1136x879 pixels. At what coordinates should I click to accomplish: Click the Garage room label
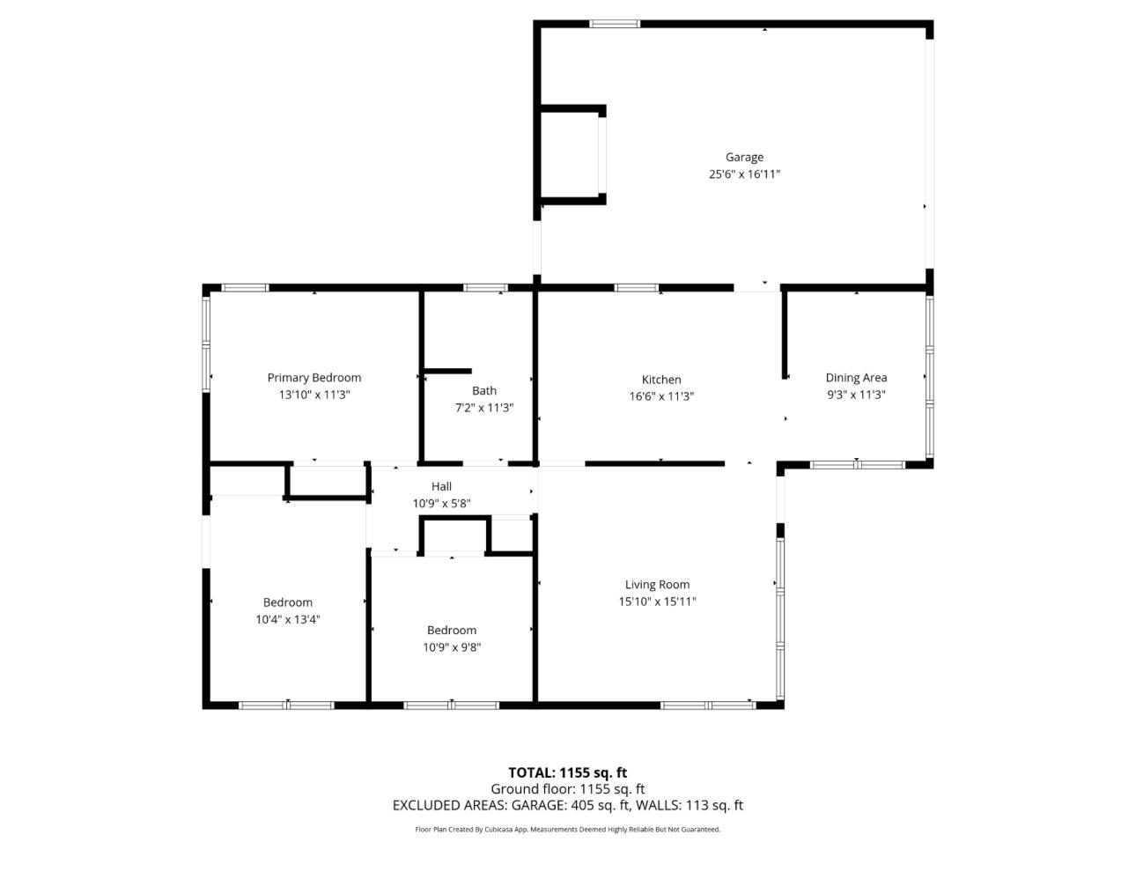pyautogui.click(x=744, y=158)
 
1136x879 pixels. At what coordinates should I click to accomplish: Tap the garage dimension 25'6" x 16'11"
pyautogui.click(x=744, y=174)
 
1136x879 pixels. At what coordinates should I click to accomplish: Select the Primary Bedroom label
pyautogui.click(x=314, y=378)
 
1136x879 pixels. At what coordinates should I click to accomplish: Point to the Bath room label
pyautogui.click(x=484, y=391)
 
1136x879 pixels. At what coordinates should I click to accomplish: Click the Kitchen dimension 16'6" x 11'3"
pyautogui.click(x=660, y=396)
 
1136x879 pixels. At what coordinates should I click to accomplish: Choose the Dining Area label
pyautogui.click(x=856, y=378)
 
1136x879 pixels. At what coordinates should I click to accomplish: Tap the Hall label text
pyautogui.click(x=441, y=486)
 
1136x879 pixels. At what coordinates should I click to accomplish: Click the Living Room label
pyautogui.click(x=657, y=585)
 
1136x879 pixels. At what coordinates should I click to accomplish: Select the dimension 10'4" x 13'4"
pyautogui.click(x=287, y=619)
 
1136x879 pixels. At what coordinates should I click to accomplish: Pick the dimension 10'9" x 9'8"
pyautogui.click(x=452, y=647)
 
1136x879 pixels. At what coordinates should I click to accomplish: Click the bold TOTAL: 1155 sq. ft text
pyautogui.click(x=567, y=773)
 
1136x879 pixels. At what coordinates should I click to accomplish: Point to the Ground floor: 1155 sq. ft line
pyautogui.click(x=567, y=789)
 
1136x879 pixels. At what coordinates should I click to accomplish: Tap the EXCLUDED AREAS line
pyautogui.click(x=567, y=805)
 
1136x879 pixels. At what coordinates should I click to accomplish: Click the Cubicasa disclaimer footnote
pyautogui.click(x=567, y=830)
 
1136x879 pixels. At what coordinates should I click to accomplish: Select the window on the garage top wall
pyautogui.click(x=614, y=24)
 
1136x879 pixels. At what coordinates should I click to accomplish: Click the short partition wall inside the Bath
pyautogui.click(x=447, y=372)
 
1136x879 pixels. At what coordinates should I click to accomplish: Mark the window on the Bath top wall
pyautogui.click(x=485, y=287)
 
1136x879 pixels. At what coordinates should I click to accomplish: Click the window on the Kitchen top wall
pyautogui.click(x=636, y=287)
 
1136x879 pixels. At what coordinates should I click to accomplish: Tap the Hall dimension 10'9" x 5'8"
pyautogui.click(x=441, y=504)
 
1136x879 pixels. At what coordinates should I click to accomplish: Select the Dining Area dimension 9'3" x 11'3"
pyautogui.click(x=856, y=395)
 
